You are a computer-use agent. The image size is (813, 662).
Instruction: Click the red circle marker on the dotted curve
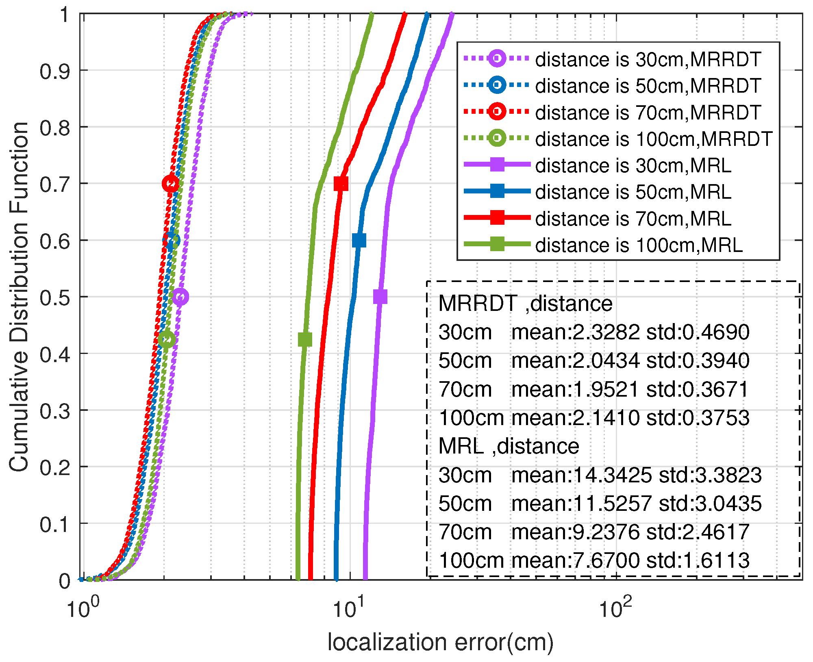(171, 184)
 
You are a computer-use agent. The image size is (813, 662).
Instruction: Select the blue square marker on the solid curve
(359, 241)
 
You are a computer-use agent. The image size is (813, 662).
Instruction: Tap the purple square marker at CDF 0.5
(380, 297)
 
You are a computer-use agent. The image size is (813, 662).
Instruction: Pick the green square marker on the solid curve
(305, 339)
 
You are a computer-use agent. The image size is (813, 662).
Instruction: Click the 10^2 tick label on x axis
(616, 608)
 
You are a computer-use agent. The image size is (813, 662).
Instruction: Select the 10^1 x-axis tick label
(349, 608)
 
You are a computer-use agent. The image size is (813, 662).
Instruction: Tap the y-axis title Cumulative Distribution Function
(19, 297)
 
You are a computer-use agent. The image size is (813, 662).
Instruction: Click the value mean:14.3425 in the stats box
(581, 475)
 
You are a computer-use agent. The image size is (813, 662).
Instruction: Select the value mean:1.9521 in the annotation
(575, 389)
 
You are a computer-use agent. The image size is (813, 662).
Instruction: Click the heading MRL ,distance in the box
(509, 446)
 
